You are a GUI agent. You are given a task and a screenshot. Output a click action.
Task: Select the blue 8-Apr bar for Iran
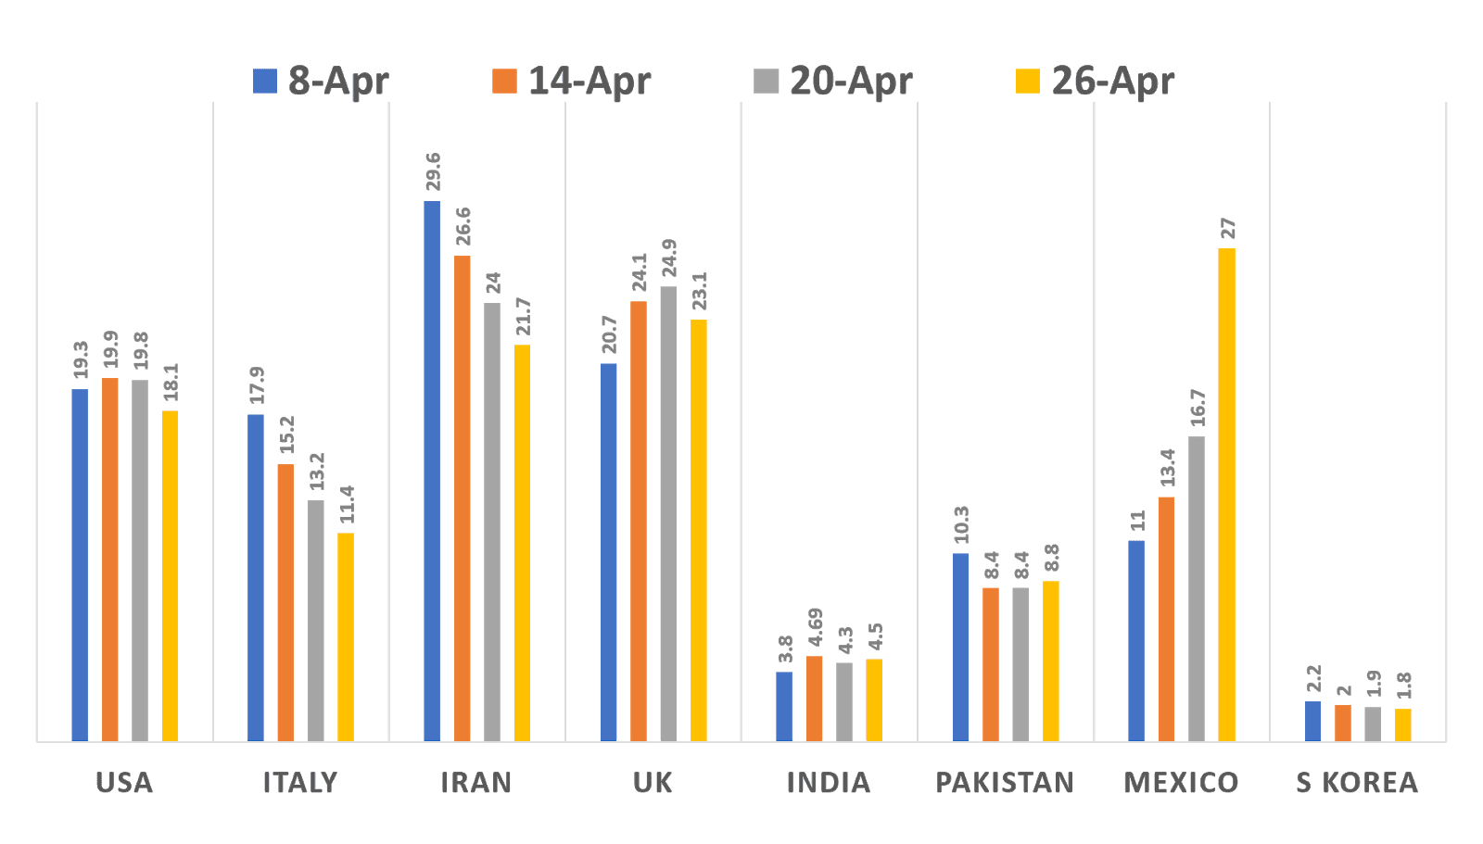(432, 471)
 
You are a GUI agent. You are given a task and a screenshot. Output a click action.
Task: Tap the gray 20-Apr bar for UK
(668, 513)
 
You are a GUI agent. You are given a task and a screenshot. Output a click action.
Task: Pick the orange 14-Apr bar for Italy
(285, 602)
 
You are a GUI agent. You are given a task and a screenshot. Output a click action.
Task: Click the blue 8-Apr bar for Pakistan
(960, 647)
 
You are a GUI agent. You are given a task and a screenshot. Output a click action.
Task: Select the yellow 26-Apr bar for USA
(170, 575)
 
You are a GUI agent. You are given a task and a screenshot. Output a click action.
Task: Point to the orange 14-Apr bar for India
(814, 698)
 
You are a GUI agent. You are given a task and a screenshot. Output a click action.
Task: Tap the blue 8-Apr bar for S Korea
(1312, 721)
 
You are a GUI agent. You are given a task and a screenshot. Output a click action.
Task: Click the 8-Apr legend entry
(322, 81)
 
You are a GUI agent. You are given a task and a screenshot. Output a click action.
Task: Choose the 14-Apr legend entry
(572, 81)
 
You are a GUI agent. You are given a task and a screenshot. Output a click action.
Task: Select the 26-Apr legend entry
(1096, 81)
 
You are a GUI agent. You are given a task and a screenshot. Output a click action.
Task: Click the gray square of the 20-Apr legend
(766, 81)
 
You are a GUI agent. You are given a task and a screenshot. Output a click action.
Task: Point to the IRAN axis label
(475, 783)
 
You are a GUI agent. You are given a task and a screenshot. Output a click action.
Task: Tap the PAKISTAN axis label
(1005, 783)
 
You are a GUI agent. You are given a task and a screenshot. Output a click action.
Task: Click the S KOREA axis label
(1357, 783)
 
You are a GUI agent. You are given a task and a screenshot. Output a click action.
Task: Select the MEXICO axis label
(1181, 783)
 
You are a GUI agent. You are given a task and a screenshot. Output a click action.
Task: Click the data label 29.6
(433, 171)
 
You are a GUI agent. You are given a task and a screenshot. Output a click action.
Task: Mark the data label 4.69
(815, 627)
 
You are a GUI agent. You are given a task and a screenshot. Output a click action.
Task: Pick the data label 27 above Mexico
(1227, 228)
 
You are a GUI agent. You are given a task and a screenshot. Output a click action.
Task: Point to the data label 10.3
(961, 524)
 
